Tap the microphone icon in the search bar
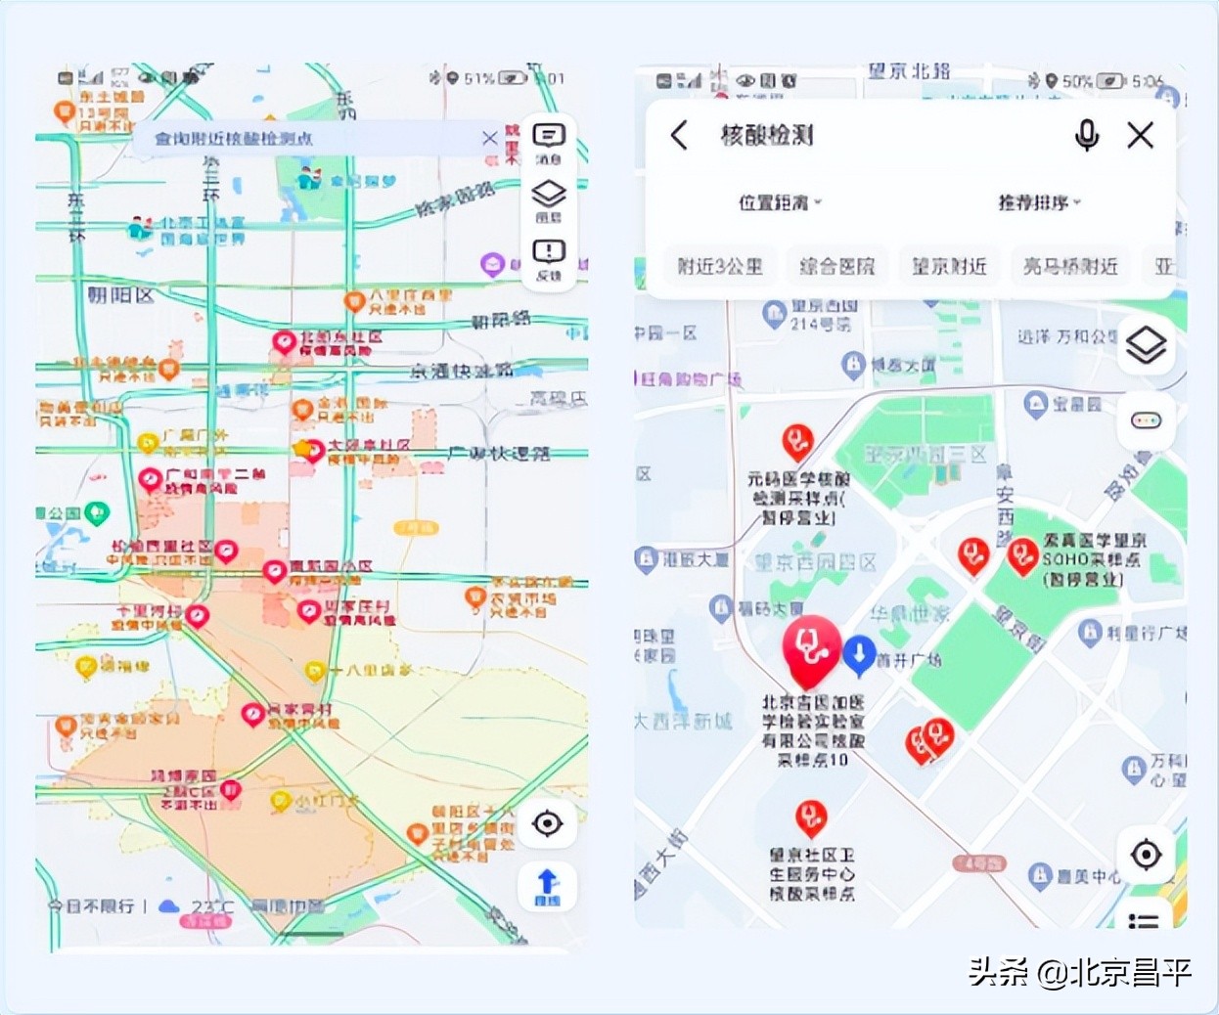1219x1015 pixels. tap(1086, 135)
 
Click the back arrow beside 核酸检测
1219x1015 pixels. tap(680, 135)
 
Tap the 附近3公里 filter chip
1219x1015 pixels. tap(720, 266)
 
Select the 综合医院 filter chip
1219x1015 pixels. tap(837, 266)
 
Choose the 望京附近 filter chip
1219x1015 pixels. tap(949, 266)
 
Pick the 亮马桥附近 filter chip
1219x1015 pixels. tap(1070, 266)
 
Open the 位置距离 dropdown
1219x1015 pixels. tap(779, 202)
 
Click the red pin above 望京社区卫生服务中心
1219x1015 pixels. tap(810, 816)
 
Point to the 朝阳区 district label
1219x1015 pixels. tap(120, 294)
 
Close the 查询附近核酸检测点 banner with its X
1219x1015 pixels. tap(490, 138)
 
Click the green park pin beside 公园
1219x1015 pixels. tap(97, 511)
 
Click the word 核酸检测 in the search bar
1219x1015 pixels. tap(767, 135)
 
